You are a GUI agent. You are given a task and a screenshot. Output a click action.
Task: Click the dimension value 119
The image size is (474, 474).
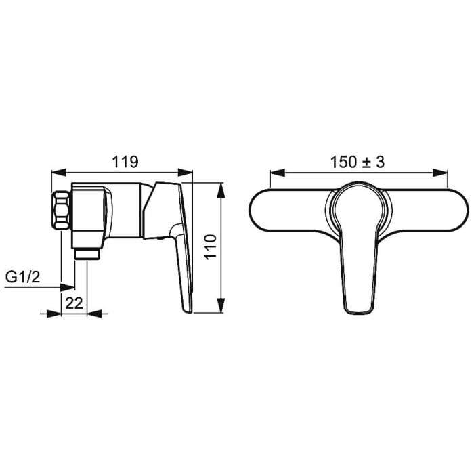tap(125, 162)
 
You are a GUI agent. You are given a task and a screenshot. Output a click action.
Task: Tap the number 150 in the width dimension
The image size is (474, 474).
tap(343, 162)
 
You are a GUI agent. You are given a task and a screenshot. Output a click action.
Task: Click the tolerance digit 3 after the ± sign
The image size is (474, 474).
tap(381, 162)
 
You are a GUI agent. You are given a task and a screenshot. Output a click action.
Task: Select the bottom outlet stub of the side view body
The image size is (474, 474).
tap(86, 253)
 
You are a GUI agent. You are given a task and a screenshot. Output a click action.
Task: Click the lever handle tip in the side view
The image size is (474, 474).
tap(187, 305)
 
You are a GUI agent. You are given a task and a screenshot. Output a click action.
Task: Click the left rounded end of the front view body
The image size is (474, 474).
tap(261, 211)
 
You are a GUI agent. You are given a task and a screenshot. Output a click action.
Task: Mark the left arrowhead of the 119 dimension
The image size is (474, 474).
tap(57, 173)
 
